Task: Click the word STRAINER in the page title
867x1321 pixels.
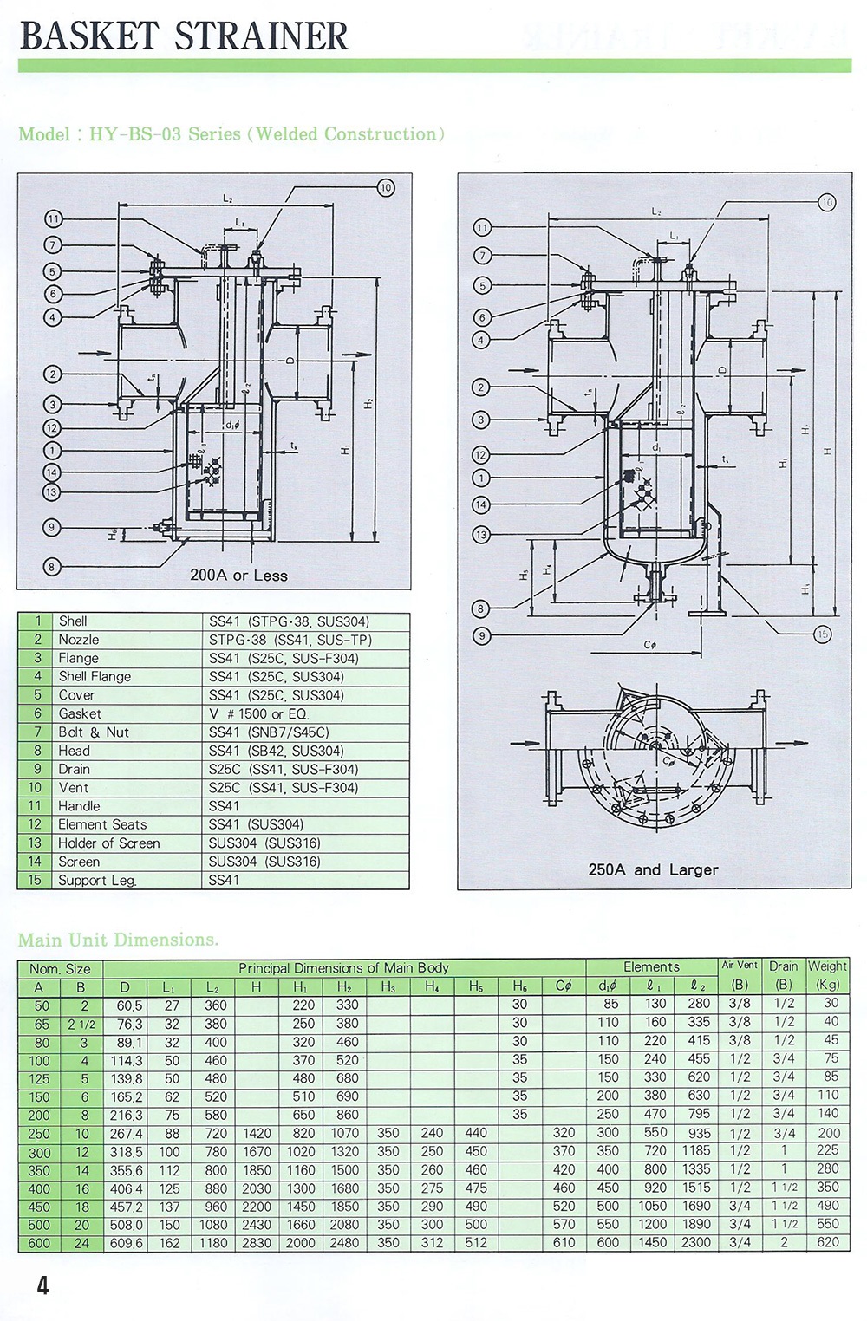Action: [261, 36]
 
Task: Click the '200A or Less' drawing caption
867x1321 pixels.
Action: [238, 576]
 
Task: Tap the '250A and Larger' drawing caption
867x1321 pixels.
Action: [653, 869]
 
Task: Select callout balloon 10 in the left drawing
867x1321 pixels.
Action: [385, 187]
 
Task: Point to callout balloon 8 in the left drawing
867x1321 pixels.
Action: [51, 567]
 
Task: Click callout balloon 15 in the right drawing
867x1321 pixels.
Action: [822, 634]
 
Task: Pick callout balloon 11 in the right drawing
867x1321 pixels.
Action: [482, 228]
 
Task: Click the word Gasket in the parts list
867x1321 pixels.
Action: [80, 713]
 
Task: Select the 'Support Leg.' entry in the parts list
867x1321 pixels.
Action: [97, 880]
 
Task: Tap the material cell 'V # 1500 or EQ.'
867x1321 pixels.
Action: [258, 713]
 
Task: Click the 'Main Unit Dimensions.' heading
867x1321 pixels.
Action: [118, 940]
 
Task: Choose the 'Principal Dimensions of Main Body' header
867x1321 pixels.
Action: [343, 967]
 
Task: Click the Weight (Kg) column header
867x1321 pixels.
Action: [827, 974]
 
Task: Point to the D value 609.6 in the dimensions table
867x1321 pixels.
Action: [127, 1243]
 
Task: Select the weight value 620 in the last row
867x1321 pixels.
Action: [827, 1242]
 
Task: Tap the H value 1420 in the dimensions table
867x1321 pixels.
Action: [257, 1133]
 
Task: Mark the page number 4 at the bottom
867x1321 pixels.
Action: [42, 1285]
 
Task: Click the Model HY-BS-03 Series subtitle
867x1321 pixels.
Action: [231, 134]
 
